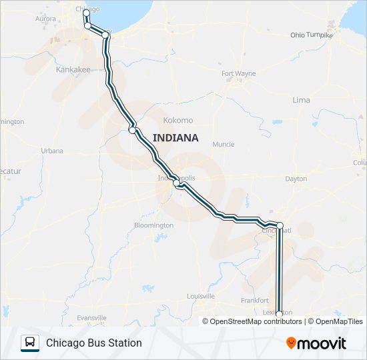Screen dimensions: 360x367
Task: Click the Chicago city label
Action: coord(88,9)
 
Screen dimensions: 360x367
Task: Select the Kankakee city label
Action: coord(73,69)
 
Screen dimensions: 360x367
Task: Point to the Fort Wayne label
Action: coord(238,73)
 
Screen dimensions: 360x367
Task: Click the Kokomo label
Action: coord(178,121)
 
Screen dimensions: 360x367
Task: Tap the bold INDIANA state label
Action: coord(175,138)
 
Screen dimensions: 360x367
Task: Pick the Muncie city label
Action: coord(223,144)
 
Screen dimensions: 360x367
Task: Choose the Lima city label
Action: coord(301,100)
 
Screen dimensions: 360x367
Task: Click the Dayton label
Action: coord(296,179)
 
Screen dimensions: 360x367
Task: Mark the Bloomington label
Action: coord(153,225)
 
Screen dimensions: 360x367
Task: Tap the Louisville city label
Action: coord(201,296)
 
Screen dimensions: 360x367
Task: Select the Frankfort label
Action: coord(254,301)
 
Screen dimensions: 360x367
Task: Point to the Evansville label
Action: coord(92,317)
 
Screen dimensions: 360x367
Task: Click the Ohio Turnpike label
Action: coord(311,35)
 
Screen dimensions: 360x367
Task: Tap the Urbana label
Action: coord(52,151)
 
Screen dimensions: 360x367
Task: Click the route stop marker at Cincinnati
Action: coord(280,225)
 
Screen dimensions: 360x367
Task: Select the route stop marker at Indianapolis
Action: coord(177,184)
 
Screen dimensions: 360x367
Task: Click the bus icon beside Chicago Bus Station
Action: coord(29,343)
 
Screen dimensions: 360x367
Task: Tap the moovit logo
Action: coord(316,343)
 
